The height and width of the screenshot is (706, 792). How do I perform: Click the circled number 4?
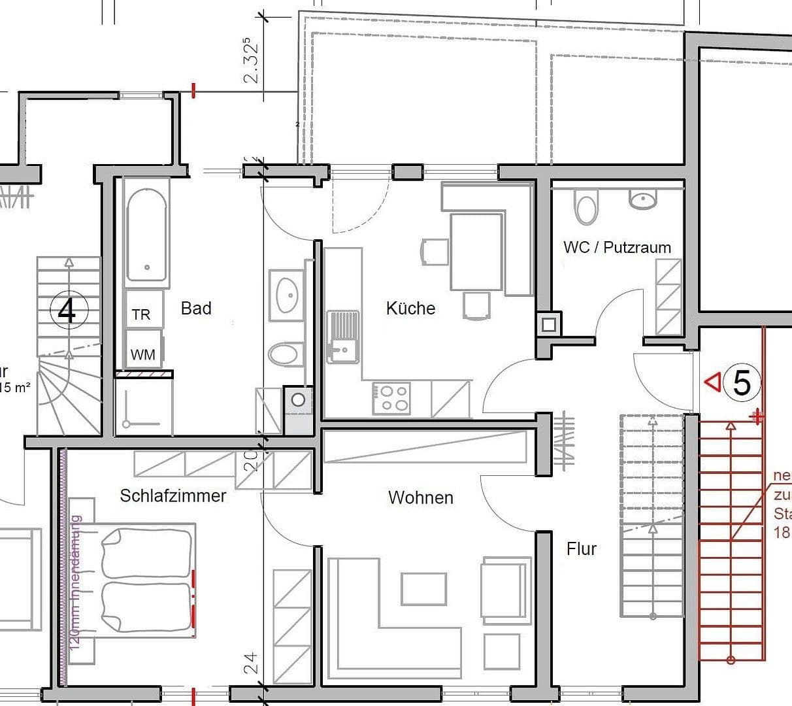[x=67, y=311]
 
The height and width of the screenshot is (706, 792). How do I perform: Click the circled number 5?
[x=742, y=383]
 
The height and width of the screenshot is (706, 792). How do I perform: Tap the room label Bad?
[x=196, y=308]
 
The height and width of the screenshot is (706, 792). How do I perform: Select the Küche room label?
[x=410, y=308]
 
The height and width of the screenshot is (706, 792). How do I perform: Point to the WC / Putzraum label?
[x=617, y=247]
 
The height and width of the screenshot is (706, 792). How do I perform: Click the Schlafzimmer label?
[x=173, y=496]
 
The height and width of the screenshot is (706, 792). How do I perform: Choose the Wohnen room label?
[x=420, y=497]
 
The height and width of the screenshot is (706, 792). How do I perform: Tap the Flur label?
[x=581, y=549]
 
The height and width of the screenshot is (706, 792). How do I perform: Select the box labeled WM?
[x=143, y=354]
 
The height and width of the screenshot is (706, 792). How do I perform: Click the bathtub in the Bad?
[x=146, y=234]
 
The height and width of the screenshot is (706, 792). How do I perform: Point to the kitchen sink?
[x=342, y=336]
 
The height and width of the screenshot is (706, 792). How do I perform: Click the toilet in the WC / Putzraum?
[x=586, y=207]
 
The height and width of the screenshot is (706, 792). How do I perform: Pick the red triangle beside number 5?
[x=712, y=381]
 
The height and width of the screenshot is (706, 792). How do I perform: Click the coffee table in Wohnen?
[x=424, y=588]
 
